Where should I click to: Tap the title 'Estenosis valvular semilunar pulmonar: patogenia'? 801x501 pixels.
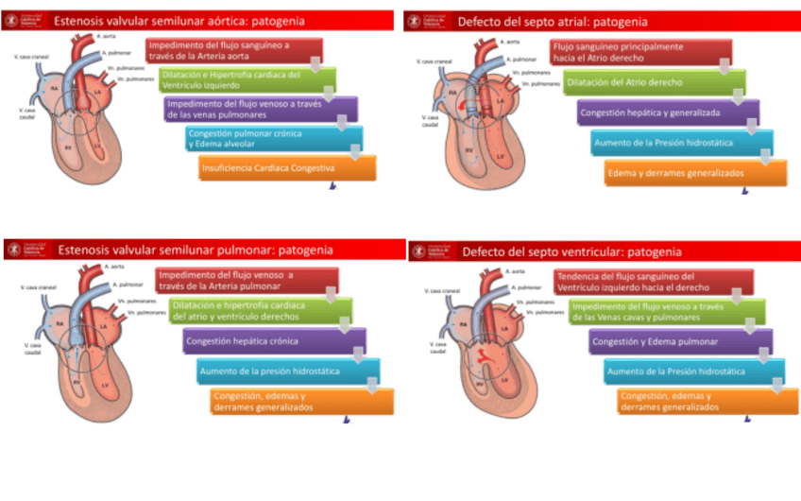click(x=195, y=250)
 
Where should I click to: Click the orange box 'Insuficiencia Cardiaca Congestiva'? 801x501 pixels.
click(x=286, y=168)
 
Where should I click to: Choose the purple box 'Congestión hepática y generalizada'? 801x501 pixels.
click(x=665, y=112)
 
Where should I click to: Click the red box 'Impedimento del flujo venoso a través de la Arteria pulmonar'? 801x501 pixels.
click(x=235, y=281)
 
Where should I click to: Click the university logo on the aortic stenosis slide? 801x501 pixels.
click(x=23, y=21)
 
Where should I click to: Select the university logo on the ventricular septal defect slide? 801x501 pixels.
click(x=431, y=252)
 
